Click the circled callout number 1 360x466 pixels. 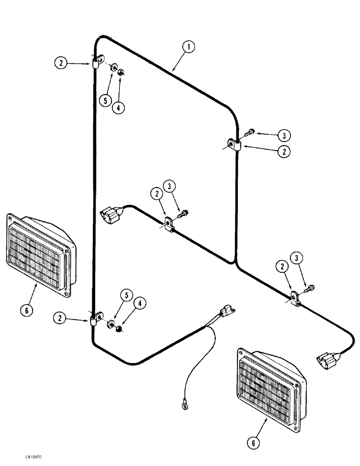[188, 47]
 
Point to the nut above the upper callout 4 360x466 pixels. [121, 72]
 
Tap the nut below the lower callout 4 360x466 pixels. [119, 329]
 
